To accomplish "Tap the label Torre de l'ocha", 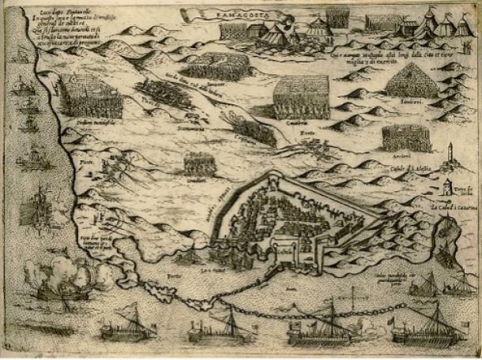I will [469, 189].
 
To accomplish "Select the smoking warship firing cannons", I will [67, 283].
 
